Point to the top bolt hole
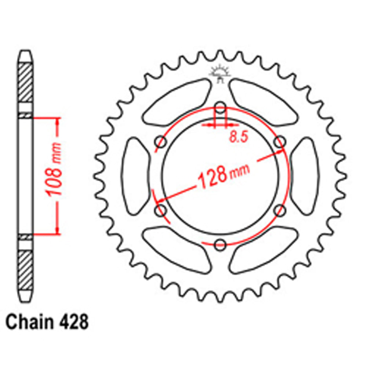(220, 108)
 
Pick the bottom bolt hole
(220, 245)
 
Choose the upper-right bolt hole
(280, 142)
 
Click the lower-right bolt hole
(280, 211)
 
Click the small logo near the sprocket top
(219, 73)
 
